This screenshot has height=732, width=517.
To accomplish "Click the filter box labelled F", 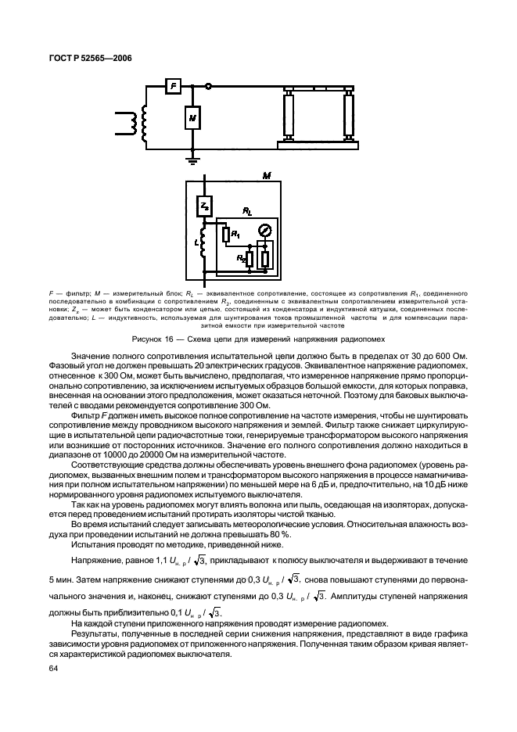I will [174, 86].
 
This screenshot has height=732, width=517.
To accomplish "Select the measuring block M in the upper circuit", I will [192, 117].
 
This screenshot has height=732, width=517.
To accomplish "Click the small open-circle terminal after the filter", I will [207, 86].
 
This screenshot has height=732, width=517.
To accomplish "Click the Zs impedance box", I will [204, 205].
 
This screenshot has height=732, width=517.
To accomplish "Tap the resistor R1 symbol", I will [225, 234].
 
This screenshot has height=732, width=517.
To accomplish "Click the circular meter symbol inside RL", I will [264, 231].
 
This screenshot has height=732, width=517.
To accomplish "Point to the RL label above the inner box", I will [247, 212].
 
